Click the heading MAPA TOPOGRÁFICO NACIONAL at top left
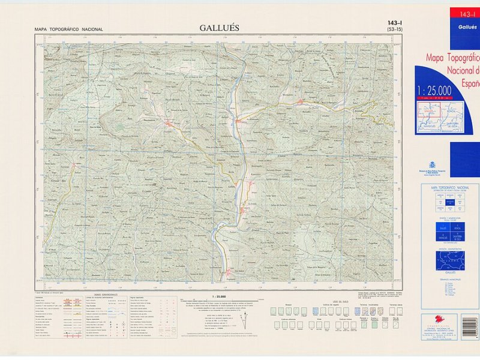pos(68,29)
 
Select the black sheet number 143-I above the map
pos(394,22)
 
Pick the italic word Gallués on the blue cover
pos(467,26)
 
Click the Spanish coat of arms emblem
pos(432,165)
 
